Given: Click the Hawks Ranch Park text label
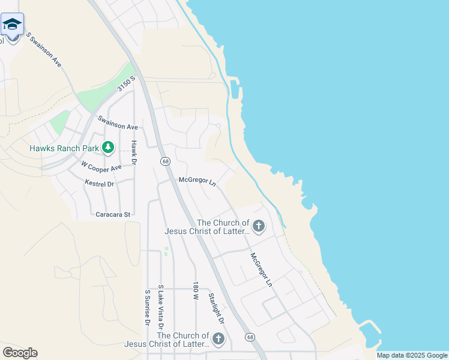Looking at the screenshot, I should coord(65,148).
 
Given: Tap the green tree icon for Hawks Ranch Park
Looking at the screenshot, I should coord(108,148).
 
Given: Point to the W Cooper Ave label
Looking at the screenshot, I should coord(101,165).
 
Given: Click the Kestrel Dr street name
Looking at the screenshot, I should coord(99,184).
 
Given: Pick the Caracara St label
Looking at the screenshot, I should coord(113,214).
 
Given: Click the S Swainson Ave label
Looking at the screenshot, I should coord(44,49).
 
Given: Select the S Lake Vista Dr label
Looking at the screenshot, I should coord(160,303).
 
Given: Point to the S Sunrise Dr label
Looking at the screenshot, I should coord(148,308).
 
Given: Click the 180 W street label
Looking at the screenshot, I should coord(196,291).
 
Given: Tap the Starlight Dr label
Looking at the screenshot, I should coord(216,309).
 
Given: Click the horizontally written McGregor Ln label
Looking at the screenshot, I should coord(197,180).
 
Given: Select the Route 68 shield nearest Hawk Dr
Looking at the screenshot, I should coord(164,162).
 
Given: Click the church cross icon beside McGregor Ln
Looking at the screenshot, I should coord(259,226).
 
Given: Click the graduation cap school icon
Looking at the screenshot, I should coord(12,25).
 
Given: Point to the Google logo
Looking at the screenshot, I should coord(20,353).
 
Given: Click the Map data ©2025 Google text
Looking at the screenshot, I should coord(411,355).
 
